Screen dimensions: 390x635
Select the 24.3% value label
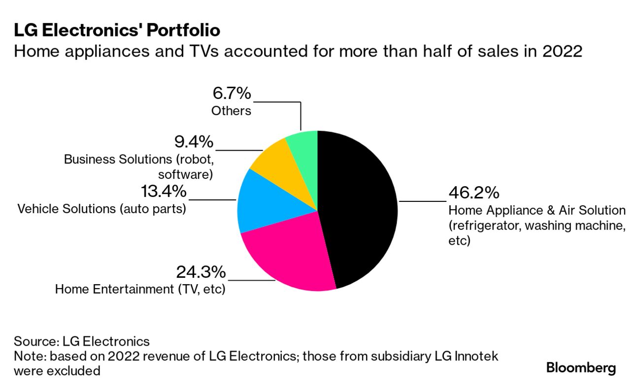(x=201, y=271)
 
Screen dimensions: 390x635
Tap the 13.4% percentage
(x=164, y=191)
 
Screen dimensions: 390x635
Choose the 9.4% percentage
(x=194, y=142)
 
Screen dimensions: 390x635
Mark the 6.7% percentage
(x=232, y=93)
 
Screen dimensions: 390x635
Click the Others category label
(x=231, y=111)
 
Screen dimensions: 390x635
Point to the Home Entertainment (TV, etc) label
(x=140, y=289)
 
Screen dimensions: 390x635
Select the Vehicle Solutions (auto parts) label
(x=102, y=209)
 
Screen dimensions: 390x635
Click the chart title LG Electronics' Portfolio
(x=117, y=31)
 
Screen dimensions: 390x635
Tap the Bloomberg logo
(x=581, y=367)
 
